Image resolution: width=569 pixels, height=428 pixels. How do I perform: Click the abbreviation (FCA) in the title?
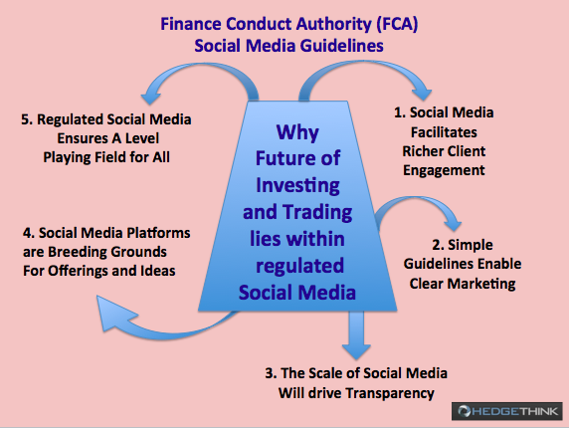click(x=397, y=24)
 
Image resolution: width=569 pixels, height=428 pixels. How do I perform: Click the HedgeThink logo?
click(x=507, y=411)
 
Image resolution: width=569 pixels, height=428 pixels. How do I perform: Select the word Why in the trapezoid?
click(x=297, y=132)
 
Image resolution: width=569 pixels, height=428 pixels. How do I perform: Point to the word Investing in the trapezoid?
click(x=297, y=185)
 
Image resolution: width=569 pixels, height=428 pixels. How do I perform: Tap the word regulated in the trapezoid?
click(x=299, y=266)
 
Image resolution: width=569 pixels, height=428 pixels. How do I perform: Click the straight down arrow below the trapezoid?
click(x=356, y=334)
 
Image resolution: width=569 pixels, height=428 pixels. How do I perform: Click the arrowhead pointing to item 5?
click(x=150, y=98)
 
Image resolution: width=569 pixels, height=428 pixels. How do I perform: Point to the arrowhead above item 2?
click(x=454, y=225)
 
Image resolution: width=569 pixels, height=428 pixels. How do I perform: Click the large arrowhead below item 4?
click(x=113, y=314)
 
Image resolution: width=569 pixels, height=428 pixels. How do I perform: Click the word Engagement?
click(x=444, y=170)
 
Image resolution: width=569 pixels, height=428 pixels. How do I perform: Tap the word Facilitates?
click(x=444, y=132)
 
